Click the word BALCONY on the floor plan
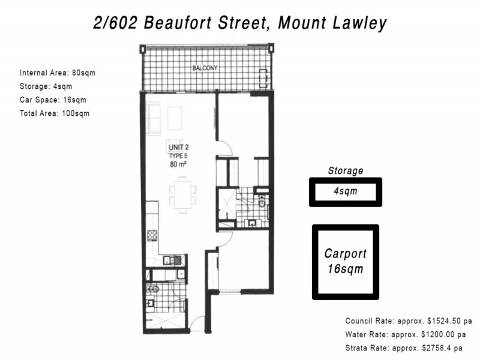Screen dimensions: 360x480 [205, 68]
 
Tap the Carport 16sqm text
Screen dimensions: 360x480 [345, 261]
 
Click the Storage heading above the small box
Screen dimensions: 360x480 [346, 171]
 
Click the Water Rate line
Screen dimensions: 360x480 [405, 334]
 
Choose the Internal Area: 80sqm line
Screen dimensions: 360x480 [57, 73]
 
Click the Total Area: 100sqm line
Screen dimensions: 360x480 [55, 113]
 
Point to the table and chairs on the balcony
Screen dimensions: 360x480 [263, 77]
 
